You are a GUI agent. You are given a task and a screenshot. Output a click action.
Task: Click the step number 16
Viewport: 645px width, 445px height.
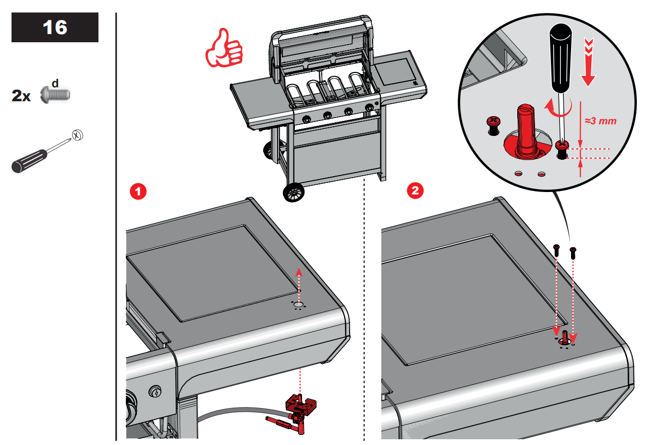(55, 27)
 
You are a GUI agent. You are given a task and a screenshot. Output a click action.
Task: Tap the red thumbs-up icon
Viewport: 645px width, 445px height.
(224, 48)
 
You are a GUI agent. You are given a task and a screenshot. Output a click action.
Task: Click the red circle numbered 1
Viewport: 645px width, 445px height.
(138, 192)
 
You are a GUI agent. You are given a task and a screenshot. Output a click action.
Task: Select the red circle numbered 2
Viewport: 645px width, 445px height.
(415, 191)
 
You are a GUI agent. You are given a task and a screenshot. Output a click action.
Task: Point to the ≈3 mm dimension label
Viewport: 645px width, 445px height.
(600, 121)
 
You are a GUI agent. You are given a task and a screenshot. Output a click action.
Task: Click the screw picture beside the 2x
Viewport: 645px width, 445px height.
(56, 95)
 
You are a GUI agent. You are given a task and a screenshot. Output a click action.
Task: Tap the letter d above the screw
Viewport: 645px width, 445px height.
(55, 84)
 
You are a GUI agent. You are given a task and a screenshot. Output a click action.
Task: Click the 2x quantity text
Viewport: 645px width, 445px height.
(21, 96)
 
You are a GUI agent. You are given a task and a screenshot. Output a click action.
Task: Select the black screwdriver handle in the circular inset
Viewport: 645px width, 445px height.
(560, 58)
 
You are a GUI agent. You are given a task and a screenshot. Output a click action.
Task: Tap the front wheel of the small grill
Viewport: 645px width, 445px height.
(293, 193)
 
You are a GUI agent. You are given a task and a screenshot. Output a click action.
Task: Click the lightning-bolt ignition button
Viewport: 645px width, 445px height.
(155, 392)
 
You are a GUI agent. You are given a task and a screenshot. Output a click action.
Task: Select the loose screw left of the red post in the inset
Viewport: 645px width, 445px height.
(493, 125)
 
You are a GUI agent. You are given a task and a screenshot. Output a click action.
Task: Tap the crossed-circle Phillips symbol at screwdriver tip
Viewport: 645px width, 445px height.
(77, 135)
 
